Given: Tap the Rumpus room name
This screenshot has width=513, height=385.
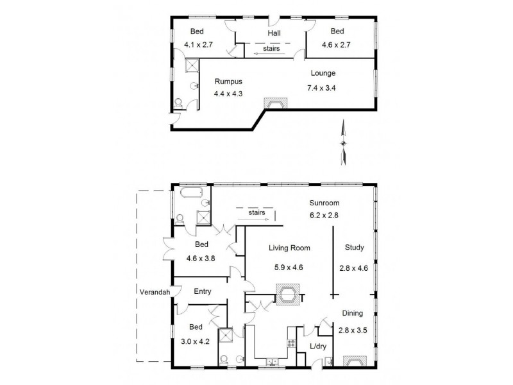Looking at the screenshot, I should point(229,80).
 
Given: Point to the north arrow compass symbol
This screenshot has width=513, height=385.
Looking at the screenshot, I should point(344,142).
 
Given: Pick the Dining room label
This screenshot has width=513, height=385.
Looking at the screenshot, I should point(352,314).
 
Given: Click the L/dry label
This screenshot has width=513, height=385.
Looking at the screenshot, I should point(319,347).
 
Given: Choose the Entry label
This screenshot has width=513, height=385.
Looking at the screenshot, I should point(203,291).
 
